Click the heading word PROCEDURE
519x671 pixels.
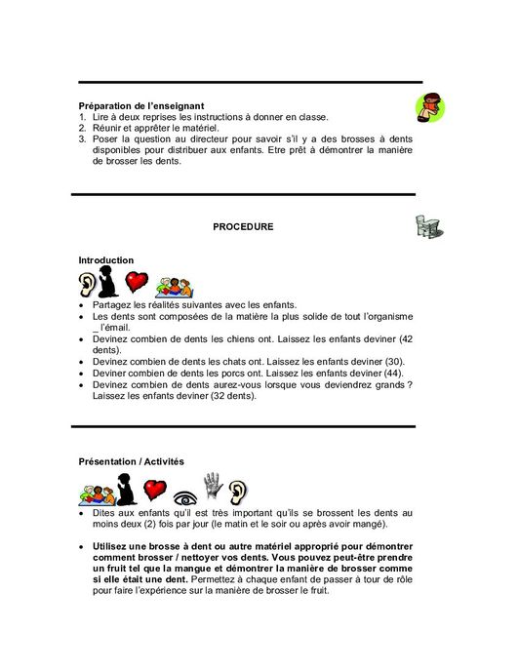(243, 226)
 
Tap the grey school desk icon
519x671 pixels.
(426, 227)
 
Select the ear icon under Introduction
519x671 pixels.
(89, 284)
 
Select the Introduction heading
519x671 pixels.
(105, 260)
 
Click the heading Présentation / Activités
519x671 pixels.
(131, 461)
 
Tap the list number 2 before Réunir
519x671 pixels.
(83, 128)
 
